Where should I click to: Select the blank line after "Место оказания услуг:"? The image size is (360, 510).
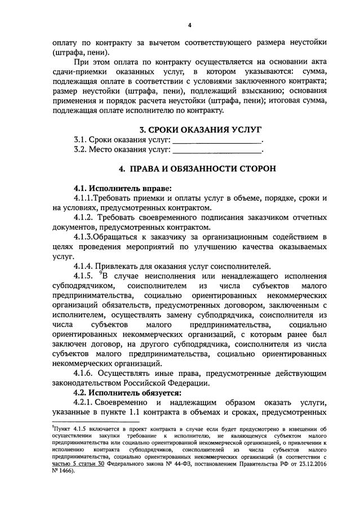click(x=217, y=150)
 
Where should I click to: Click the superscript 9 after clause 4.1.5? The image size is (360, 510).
click(x=100, y=274)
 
